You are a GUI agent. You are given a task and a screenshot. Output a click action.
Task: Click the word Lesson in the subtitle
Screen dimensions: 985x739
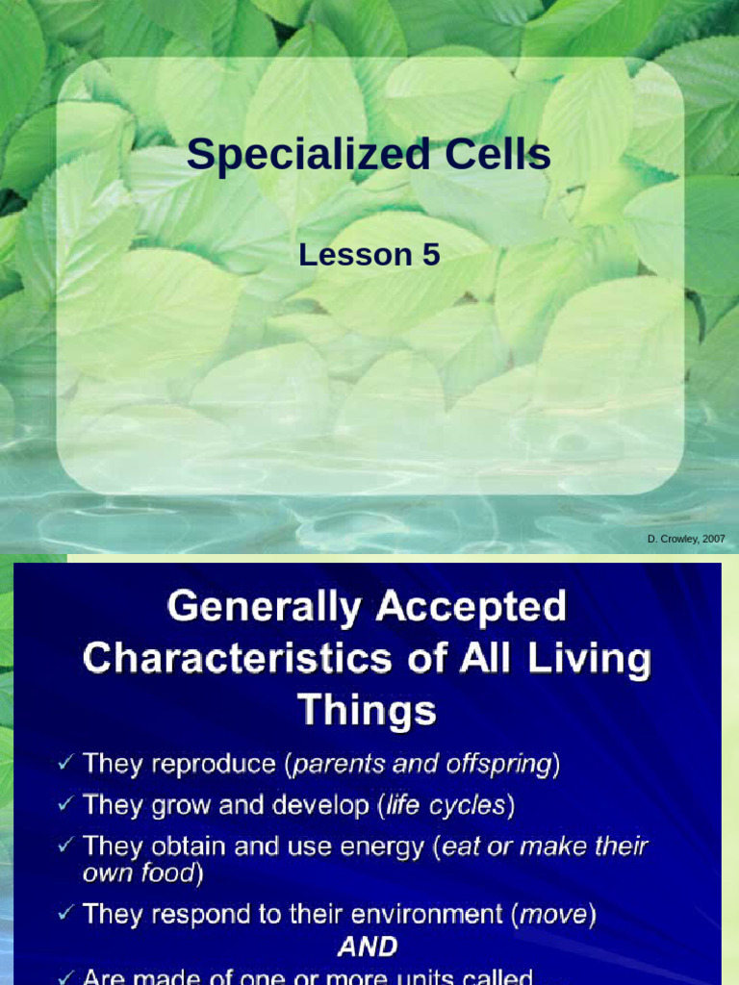pyautogui.click(x=353, y=255)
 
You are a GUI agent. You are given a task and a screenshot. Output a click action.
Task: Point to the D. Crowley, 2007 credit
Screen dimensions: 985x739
pyautogui.click(x=686, y=540)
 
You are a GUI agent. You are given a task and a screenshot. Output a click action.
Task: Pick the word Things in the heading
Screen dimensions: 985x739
pyautogui.click(x=367, y=711)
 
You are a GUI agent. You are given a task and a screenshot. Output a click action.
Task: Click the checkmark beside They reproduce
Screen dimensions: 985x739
pyautogui.click(x=65, y=765)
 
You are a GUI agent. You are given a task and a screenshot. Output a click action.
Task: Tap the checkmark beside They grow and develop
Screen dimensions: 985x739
pyautogui.click(x=65, y=805)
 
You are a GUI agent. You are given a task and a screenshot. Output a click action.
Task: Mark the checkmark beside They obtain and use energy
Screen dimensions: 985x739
pyautogui.click(x=65, y=846)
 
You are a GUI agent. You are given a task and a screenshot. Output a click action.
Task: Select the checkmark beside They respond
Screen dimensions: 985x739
pyautogui.click(x=65, y=914)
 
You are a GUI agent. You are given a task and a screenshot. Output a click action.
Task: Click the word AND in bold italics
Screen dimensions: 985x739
pyautogui.click(x=368, y=947)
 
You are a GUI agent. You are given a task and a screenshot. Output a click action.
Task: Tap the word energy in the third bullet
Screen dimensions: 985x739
pyautogui.click(x=384, y=846)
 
